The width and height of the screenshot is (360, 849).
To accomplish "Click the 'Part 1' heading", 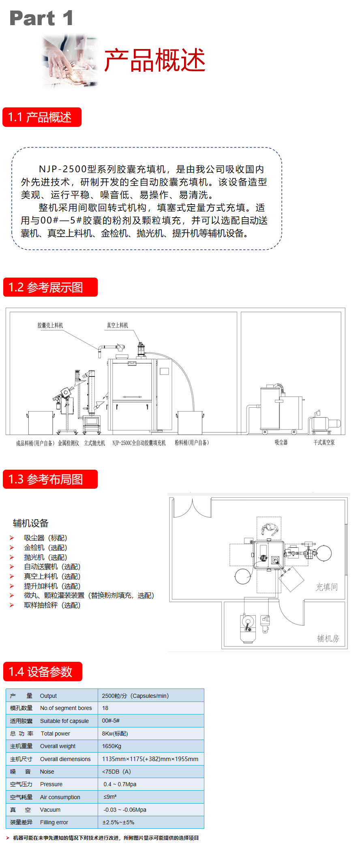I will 41,18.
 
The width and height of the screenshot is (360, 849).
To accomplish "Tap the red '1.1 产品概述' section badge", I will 42,118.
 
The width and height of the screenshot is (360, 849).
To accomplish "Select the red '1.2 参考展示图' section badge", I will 50,287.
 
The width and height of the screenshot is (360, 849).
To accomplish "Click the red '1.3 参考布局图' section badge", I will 50,479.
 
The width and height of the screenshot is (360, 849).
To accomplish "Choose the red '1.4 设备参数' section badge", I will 43,672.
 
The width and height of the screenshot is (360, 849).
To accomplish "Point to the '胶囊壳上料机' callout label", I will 50,325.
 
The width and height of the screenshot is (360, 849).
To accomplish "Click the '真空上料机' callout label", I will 117,325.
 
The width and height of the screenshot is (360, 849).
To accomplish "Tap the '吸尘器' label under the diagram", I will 281,443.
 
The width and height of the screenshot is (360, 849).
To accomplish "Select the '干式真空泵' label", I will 324,443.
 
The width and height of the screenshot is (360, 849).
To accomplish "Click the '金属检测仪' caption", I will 69,443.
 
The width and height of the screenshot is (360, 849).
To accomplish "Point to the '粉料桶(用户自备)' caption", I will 192,443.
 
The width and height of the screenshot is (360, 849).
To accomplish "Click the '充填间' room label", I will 326,587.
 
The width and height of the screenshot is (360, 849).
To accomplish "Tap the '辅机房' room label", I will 328,639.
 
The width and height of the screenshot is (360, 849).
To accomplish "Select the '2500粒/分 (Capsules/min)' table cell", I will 135,696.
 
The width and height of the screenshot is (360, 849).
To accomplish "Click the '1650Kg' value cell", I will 111,746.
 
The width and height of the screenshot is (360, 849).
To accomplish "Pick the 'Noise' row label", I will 47,772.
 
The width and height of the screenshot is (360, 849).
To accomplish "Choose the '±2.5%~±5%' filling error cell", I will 118,822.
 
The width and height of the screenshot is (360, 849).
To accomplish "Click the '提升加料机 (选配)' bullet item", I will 52,586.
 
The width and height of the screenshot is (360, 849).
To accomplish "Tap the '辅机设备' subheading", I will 30,523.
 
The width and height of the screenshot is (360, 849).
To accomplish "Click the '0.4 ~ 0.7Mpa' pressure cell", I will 120,784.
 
